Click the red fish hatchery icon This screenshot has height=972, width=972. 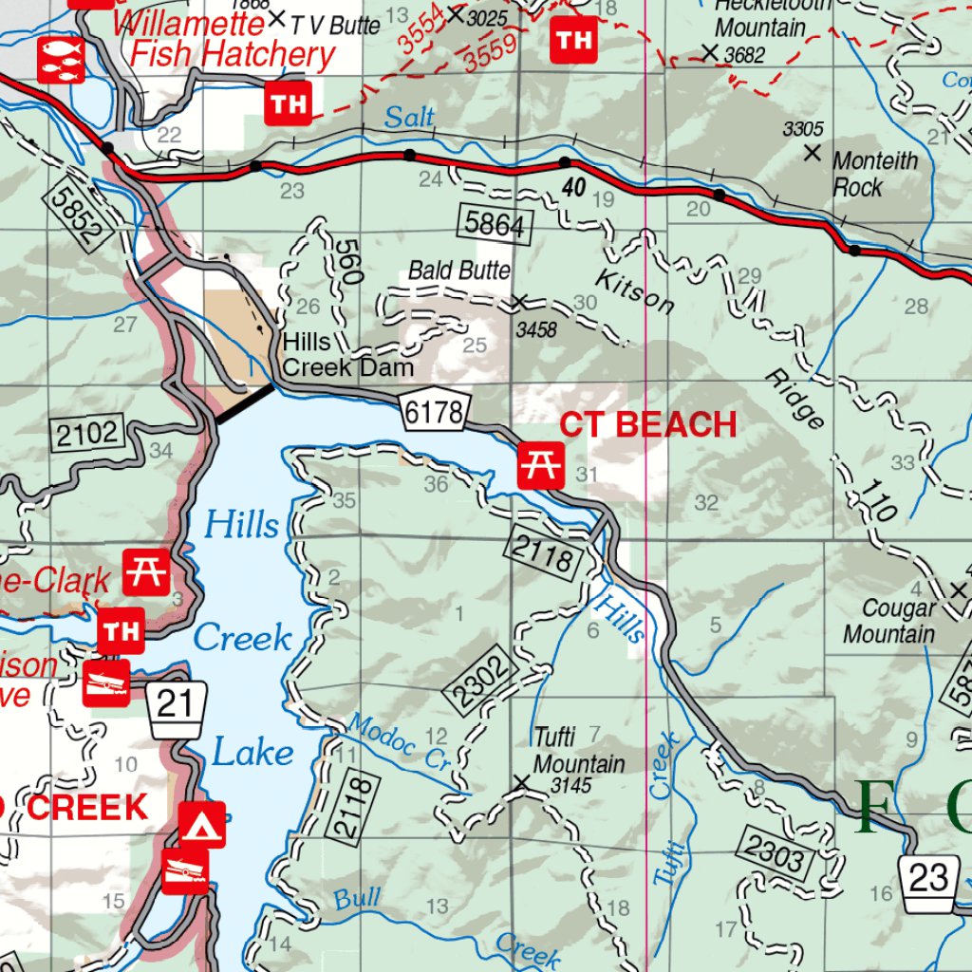point(61,59)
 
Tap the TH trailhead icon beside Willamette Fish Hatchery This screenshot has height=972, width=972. point(288,103)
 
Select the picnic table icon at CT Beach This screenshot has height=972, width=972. point(541,465)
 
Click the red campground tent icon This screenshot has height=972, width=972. point(202,824)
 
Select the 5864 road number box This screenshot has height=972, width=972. point(495,224)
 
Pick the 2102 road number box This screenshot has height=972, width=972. point(87,435)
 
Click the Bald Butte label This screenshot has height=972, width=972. point(459,271)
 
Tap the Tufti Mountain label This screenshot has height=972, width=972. point(578,751)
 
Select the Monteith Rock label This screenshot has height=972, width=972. point(875,174)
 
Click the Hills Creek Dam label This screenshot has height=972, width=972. point(347,354)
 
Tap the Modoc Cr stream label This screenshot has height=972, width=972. point(398,743)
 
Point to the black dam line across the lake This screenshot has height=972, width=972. point(245,402)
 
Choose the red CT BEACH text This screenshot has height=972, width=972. point(647,425)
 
